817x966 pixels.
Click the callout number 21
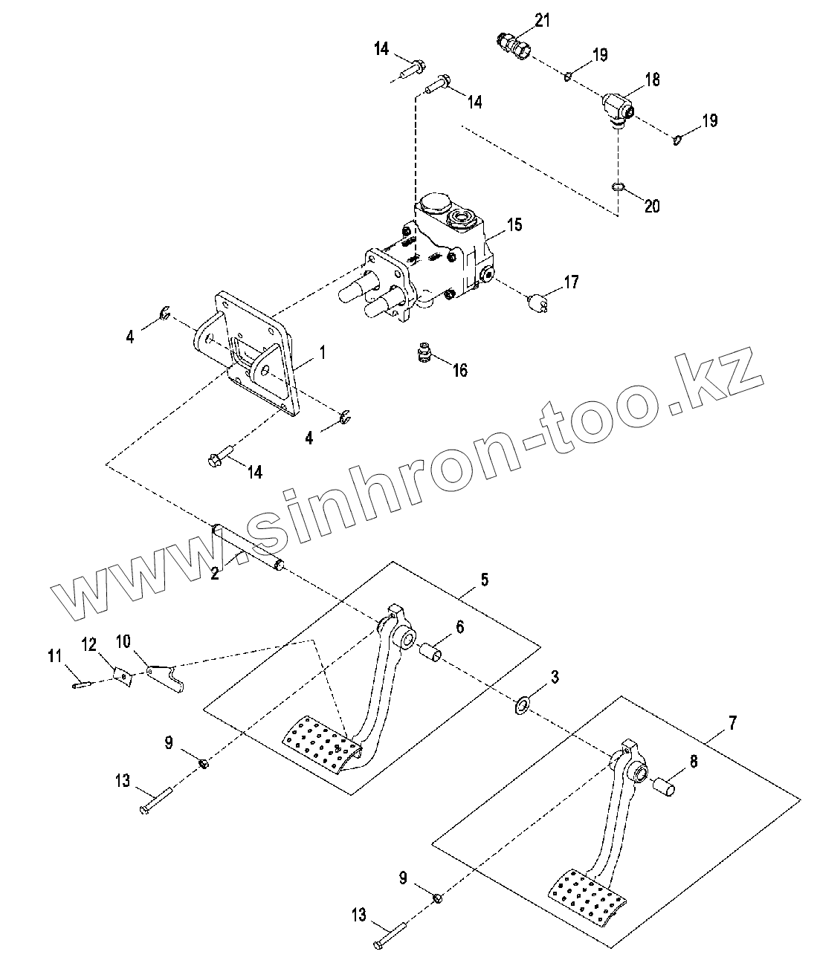543,20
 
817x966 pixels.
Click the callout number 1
322,352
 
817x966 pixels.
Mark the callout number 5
484,579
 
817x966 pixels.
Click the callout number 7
732,722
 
